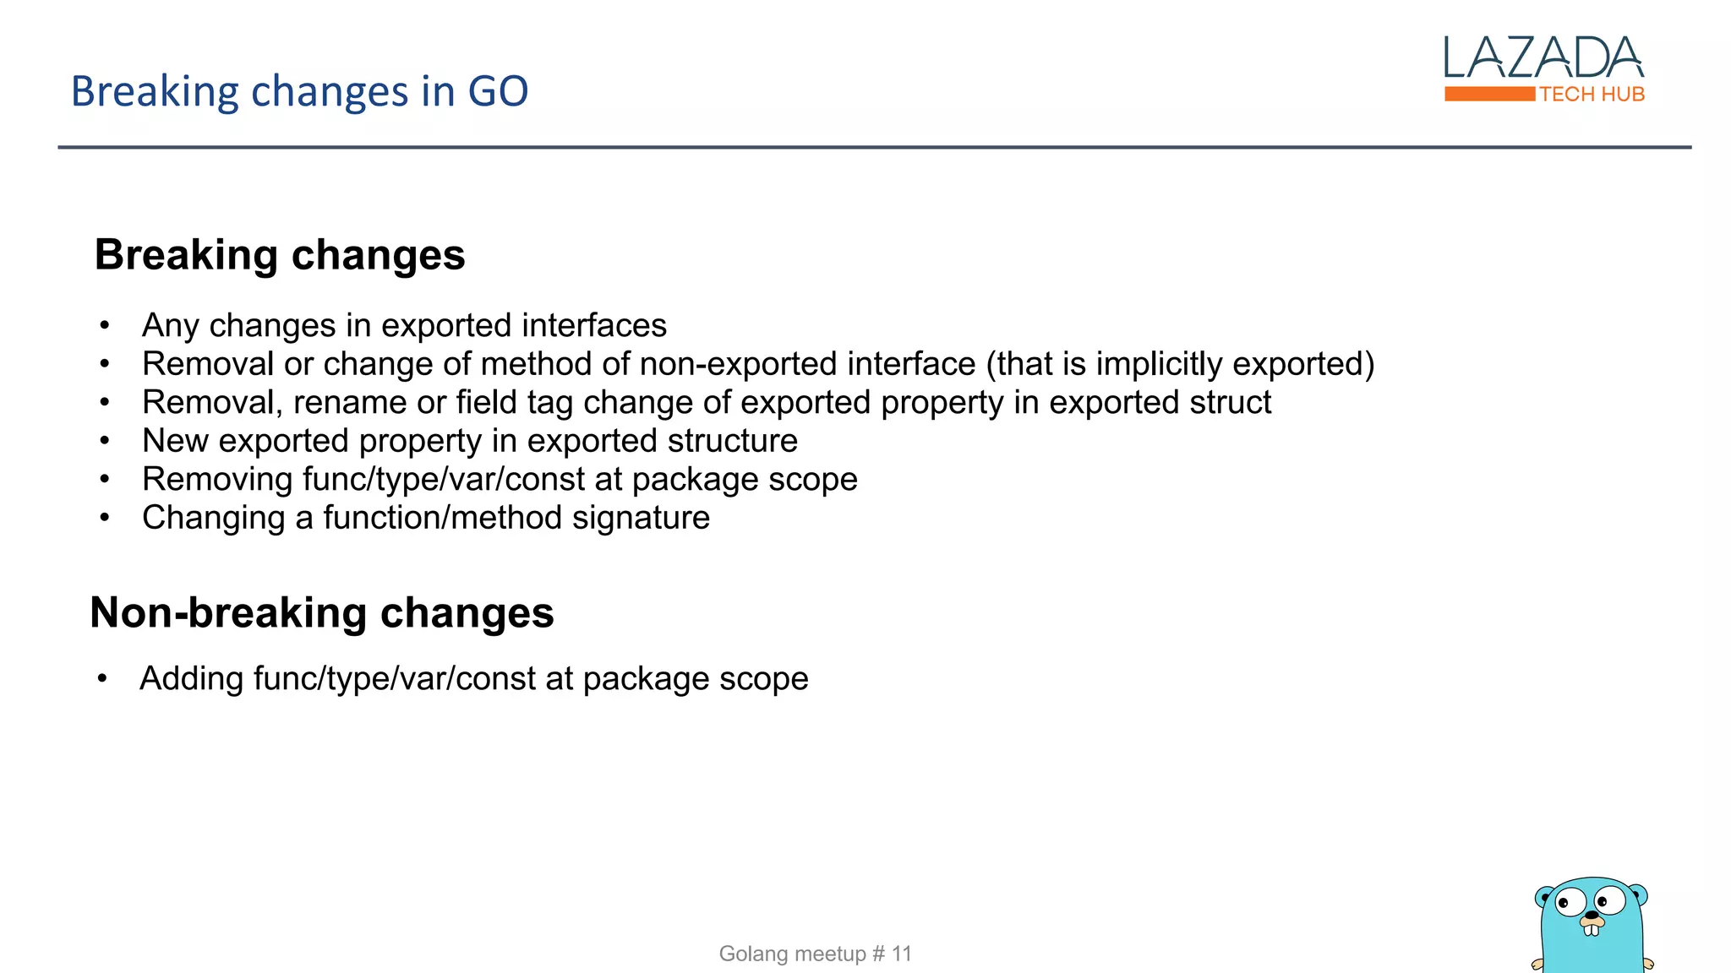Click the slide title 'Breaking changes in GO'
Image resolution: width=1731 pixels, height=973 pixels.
coord(299,91)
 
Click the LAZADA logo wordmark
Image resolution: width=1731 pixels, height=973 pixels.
coord(1543,58)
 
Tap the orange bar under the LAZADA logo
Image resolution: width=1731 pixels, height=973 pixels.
coord(1488,94)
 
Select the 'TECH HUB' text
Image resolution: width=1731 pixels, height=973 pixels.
coord(1592,95)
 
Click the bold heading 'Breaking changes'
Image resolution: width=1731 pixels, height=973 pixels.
coord(279,255)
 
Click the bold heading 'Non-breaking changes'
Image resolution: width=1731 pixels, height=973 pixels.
coord(321,612)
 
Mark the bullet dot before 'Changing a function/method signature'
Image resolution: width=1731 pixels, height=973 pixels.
coord(105,518)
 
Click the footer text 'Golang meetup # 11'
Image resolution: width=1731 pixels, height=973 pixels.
coord(815,954)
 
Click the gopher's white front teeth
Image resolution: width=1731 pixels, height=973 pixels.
coord(1592,930)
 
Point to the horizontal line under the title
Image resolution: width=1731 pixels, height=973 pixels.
coord(874,147)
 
